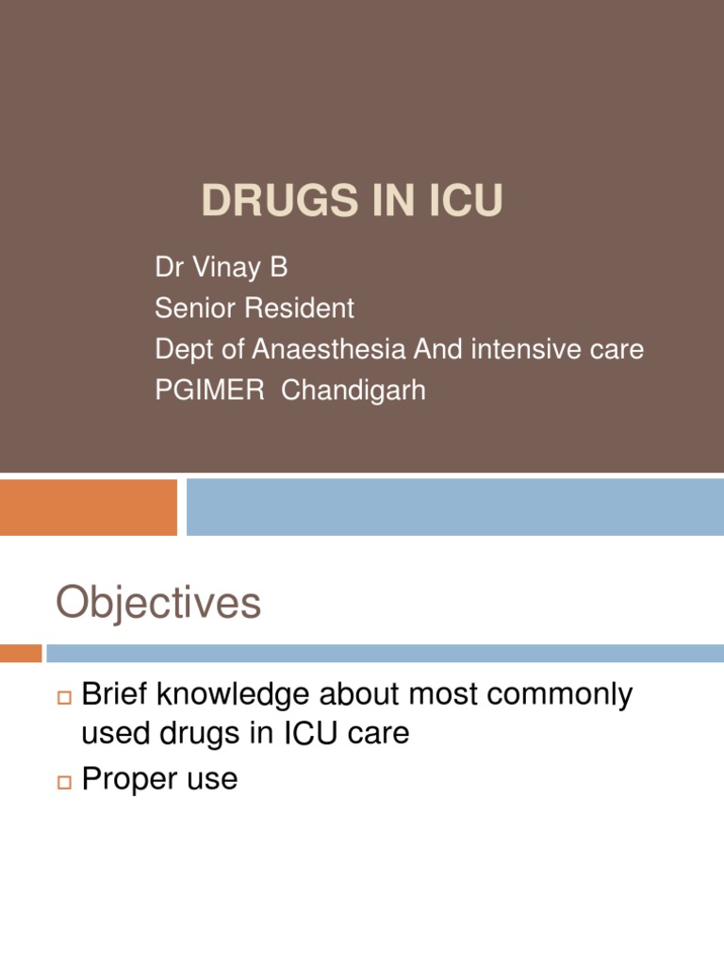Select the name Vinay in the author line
pos(225,268)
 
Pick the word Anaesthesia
pos(329,349)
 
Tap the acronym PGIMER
pos(210,390)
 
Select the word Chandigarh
pos(354,390)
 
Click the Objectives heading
pos(157,602)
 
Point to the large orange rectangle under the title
pos(88,507)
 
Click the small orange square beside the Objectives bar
pos(20,653)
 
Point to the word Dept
pos(186,350)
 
